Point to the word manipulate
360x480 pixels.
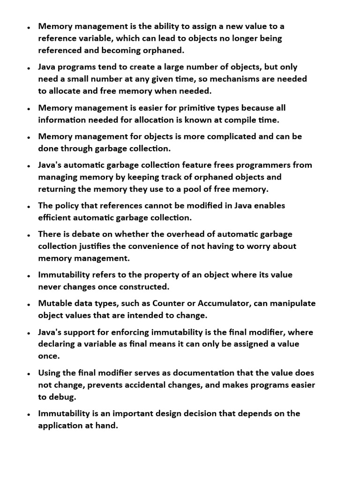point(292,303)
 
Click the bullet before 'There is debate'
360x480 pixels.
point(29,235)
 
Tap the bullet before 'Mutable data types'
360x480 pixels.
point(29,304)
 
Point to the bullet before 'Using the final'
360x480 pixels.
point(29,374)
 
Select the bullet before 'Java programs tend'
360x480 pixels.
point(29,68)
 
